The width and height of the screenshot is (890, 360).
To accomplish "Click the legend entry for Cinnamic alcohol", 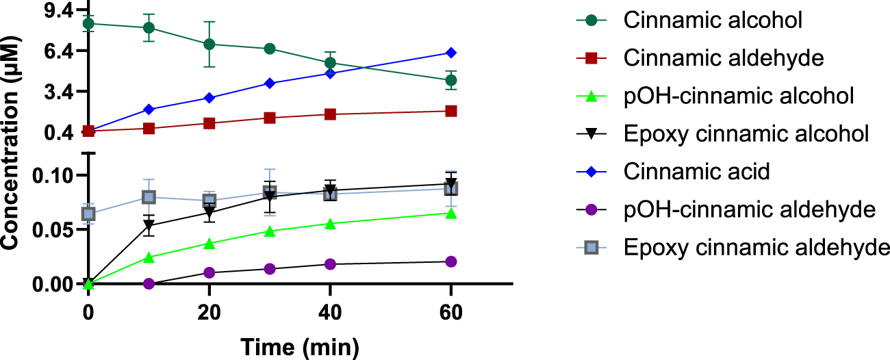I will [713, 21].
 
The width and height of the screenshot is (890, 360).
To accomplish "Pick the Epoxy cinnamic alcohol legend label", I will [746, 133].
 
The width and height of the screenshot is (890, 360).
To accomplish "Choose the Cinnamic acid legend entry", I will [697, 171].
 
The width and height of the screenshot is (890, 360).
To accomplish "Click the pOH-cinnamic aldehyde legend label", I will [750, 209].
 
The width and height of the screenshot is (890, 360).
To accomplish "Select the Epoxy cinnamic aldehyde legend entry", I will [756, 246].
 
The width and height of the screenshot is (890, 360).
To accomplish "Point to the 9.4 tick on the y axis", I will [55, 11].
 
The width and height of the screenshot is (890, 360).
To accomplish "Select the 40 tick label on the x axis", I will [330, 312].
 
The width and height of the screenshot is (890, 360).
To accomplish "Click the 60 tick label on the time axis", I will [451, 312].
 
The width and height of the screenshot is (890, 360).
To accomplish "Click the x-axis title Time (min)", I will [299, 346].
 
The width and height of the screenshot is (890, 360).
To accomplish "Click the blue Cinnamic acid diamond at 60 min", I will [451, 53].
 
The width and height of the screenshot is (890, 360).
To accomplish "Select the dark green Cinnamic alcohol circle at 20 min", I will [209, 44].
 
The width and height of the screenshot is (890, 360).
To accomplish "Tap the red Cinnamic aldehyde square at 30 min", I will [270, 118].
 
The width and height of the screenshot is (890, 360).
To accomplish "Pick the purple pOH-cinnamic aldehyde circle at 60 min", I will [451, 261].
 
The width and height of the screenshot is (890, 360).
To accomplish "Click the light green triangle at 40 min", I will [330, 224].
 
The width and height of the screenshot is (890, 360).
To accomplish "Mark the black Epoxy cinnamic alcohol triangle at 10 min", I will [149, 225].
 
